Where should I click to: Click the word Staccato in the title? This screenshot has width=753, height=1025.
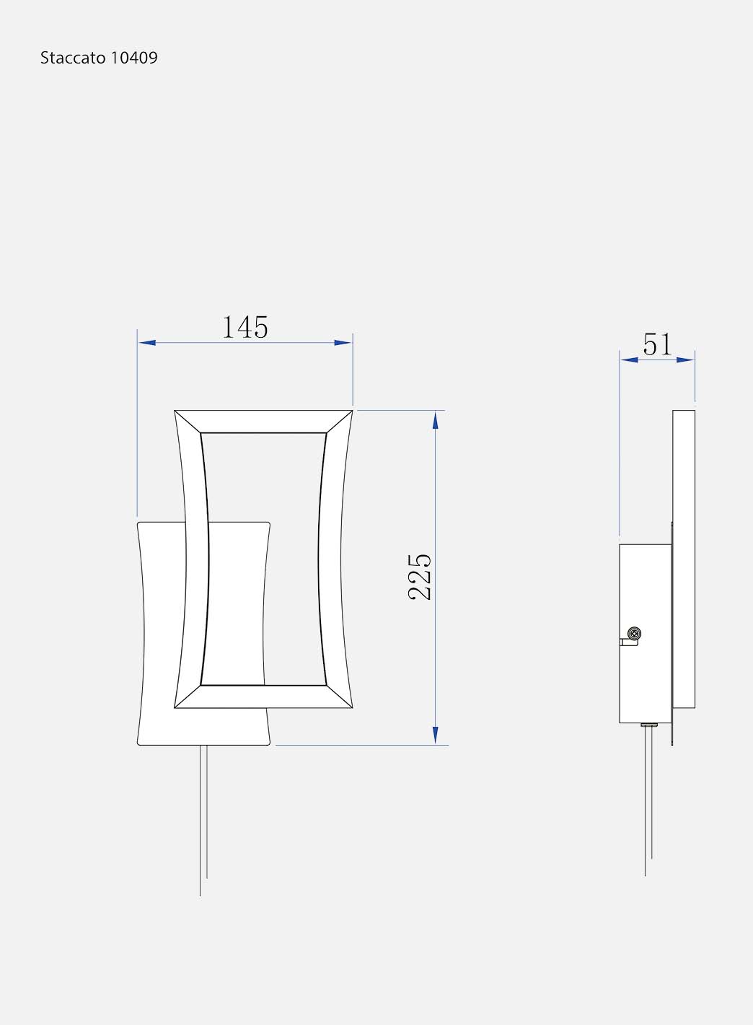point(73,58)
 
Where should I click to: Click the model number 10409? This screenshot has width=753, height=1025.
point(134,58)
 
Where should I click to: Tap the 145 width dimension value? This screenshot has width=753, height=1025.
point(245,327)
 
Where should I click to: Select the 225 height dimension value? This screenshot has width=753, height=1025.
point(419,577)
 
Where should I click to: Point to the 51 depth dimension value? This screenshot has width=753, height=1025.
point(658,344)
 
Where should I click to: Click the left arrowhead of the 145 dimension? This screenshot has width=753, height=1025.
point(146,343)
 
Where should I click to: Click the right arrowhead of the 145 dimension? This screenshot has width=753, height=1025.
point(343,343)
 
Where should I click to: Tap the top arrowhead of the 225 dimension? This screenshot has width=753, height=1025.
point(435,420)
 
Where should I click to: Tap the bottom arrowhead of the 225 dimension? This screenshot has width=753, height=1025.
point(435,736)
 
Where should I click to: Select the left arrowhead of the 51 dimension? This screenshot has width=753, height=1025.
point(629,360)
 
